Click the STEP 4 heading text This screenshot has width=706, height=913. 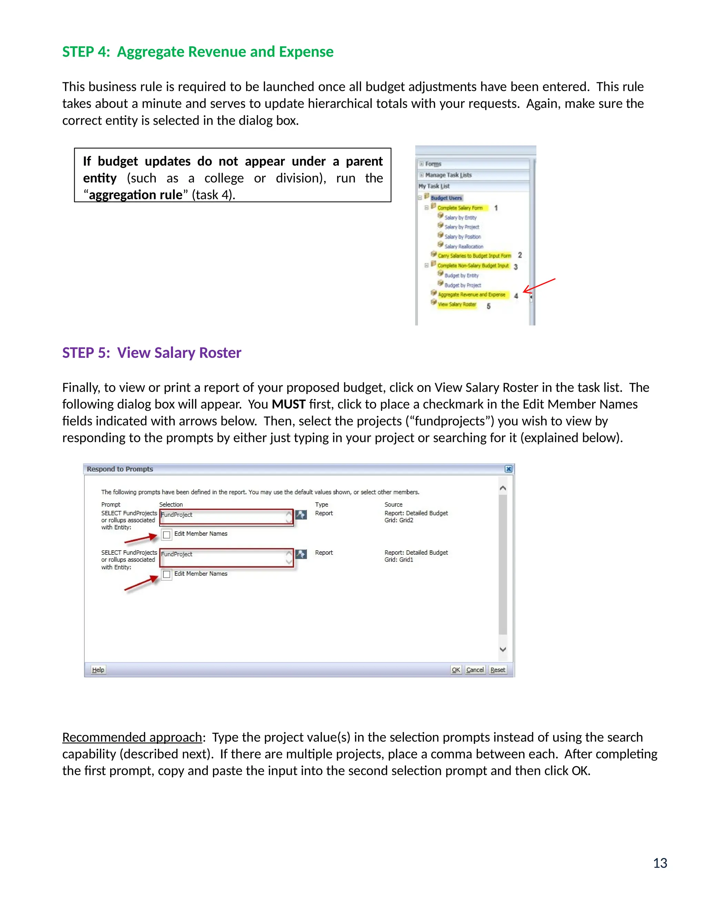pos(198,52)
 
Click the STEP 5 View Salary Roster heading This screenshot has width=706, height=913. pos(151,353)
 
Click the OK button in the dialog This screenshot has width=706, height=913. pos(455,670)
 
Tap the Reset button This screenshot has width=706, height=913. pos(497,670)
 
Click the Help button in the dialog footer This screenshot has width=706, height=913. pos(98,670)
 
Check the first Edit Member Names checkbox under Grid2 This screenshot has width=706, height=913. pos(167,535)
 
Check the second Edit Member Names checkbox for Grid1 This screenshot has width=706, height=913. pos(167,574)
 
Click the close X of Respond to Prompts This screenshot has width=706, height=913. pos(508,469)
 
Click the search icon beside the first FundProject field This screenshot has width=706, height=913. pos(301,515)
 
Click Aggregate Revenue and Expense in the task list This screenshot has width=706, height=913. pos(471,295)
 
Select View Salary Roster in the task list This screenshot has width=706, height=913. pos(457,304)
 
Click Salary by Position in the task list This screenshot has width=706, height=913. pos(462,237)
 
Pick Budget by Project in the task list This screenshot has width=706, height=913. pos(462,285)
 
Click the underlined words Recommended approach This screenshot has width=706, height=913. pos(132,737)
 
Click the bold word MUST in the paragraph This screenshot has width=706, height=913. pos(288,404)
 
